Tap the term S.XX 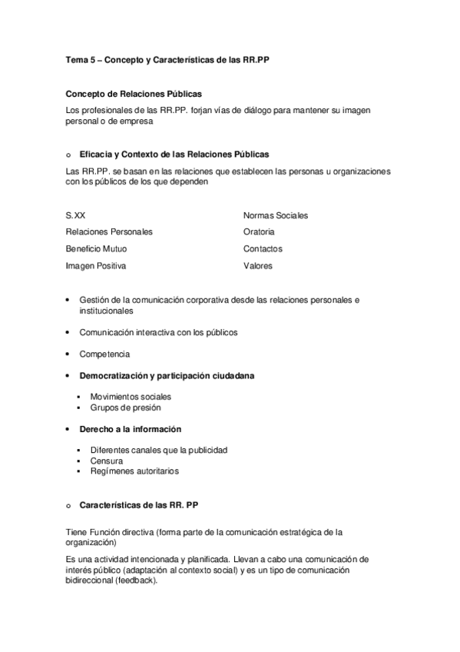point(76,216)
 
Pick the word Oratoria point(259,231)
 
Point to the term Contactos point(263,249)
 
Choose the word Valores point(258,266)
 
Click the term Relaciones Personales point(109,231)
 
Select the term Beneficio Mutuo point(97,249)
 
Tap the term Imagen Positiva point(96,266)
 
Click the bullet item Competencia point(104,354)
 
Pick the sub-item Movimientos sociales point(131,397)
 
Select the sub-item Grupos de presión point(125,407)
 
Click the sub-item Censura point(106,461)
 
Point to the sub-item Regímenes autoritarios point(134,471)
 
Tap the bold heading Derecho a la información point(130,428)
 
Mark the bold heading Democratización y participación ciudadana point(167,376)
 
